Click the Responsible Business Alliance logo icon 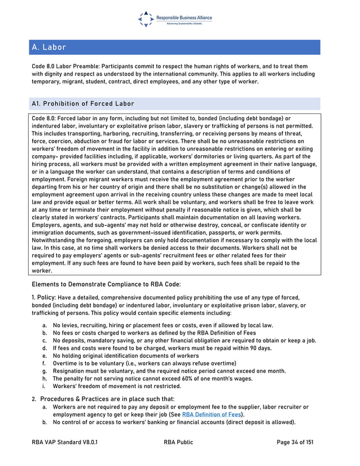(146, 19)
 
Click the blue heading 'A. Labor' (49, 47)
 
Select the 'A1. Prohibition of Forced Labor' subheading (83, 104)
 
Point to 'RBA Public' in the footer (178, 443)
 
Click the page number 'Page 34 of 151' (295, 443)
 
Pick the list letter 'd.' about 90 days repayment (45, 348)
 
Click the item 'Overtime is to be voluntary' (88, 363)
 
